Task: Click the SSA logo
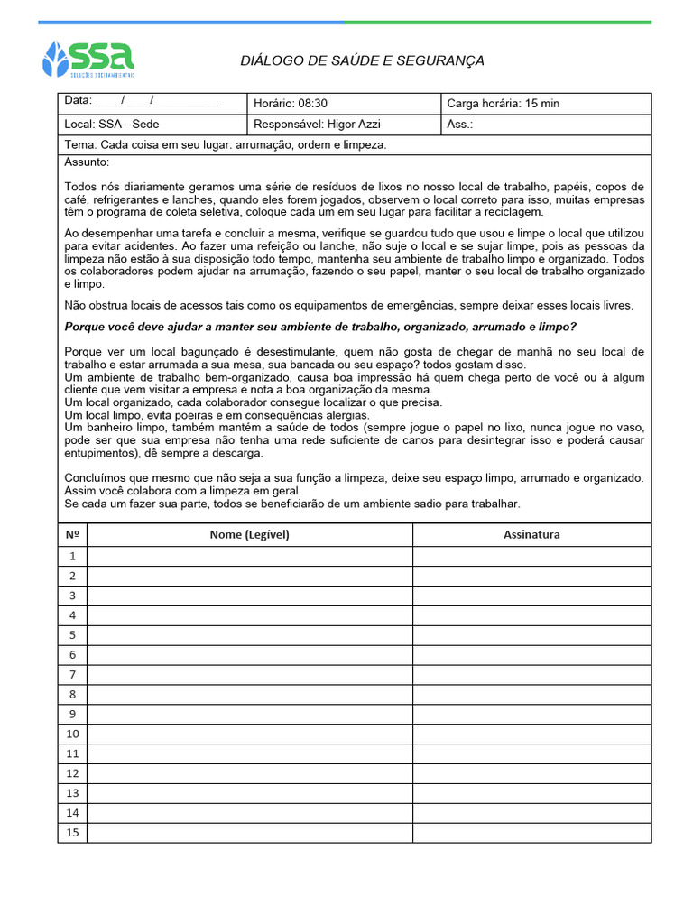click(88, 59)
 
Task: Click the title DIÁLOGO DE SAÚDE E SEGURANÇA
click(362, 60)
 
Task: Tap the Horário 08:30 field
click(291, 104)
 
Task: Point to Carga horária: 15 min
click(503, 104)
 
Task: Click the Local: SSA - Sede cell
click(112, 125)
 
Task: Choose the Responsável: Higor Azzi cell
click(317, 125)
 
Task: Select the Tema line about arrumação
click(226, 144)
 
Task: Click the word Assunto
click(87, 162)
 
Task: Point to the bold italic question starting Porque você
click(320, 327)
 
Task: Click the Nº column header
click(72, 534)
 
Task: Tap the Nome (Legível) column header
click(250, 534)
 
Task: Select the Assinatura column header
click(531, 534)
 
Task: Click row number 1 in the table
click(72, 556)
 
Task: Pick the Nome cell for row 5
click(250, 635)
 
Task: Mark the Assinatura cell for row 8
click(531, 695)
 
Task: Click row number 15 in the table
click(72, 833)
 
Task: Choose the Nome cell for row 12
click(250, 773)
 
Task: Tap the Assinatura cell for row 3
click(531, 596)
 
